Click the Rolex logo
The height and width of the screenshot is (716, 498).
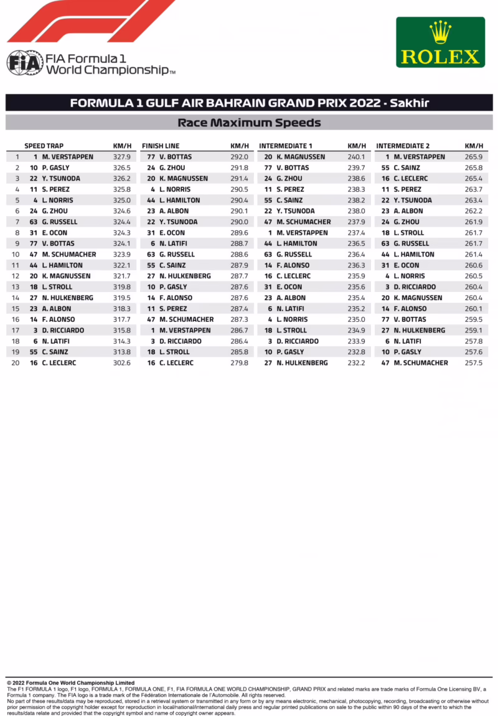click(440, 42)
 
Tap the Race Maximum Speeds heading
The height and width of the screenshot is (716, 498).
click(249, 123)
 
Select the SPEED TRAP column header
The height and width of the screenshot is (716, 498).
click(44, 146)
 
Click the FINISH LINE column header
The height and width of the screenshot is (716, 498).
click(161, 146)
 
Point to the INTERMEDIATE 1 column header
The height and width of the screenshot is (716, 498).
click(286, 146)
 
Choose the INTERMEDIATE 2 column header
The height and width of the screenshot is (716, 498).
click(403, 146)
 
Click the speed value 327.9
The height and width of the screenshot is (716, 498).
click(122, 157)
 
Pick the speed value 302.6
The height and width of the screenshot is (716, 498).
click(122, 363)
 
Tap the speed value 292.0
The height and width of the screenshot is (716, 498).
click(239, 157)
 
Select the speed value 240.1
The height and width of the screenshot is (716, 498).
click(356, 157)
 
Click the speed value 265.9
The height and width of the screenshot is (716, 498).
click(473, 157)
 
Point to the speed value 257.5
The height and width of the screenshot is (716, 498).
click(473, 363)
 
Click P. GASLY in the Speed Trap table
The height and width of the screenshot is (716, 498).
click(56, 168)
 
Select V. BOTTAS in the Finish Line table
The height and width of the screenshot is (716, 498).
click(176, 157)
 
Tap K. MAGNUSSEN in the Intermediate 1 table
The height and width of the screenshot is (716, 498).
click(301, 157)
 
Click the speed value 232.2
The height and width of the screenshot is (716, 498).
click(356, 363)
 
